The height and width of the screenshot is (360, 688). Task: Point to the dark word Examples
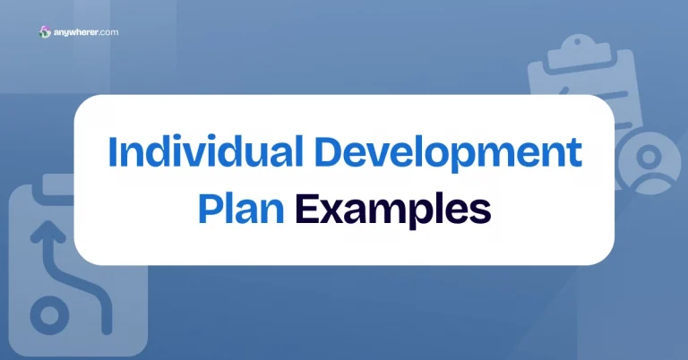pos(393,210)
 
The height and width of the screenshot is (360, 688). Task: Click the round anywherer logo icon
pos(46,32)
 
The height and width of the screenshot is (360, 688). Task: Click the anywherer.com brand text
pos(86,32)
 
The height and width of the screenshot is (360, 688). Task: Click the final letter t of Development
pos(574,152)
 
